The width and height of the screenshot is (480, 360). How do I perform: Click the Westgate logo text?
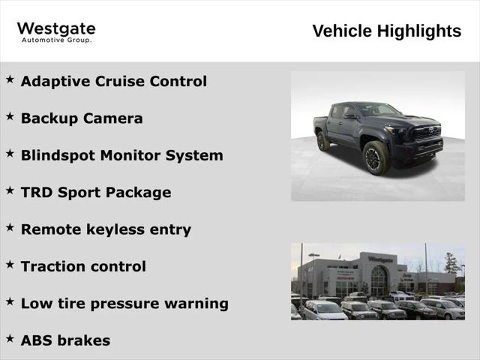pyautogui.click(x=56, y=29)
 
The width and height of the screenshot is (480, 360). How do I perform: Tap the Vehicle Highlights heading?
pyautogui.click(x=386, y=31)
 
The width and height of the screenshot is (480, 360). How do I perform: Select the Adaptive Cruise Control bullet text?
pyautogui.click(x=113, y=81)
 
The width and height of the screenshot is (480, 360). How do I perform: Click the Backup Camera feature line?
pyautogui.click(x=82, y=118)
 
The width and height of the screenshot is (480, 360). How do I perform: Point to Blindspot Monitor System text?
pyautogui.click(x=121, y=155)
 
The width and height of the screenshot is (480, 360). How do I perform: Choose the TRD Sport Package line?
pyautogui.click(x=96, y=192)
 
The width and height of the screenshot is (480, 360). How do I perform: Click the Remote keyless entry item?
pyautogui.click(x=106, y=229)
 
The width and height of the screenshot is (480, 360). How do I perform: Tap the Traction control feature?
pyautogui.click(x=83, y=266)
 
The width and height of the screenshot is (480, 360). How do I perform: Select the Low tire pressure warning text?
pyautogui.click(x=124, y=304)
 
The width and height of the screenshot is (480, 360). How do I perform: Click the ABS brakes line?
pyautogui.click(x=65, y=340)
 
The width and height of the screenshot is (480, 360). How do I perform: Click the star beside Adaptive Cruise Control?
pyautogui.click(x=10, y=79)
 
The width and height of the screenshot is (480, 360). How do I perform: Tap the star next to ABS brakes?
pyautogui.click(x=10, y=338)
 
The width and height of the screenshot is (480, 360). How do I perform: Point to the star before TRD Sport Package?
pyautogui.click(x=10, y=190)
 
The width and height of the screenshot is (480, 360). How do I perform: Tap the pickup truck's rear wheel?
pyautogui.click(x=323, y=141)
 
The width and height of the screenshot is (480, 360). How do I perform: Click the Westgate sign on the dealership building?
pyautogui.click(x=380, y=259)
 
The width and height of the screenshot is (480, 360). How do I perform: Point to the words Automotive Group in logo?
pyautogui.click(x=56, y=40)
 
